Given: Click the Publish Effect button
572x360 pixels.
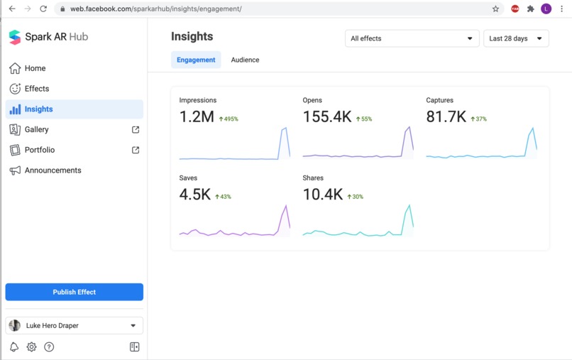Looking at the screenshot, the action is pos(74,292).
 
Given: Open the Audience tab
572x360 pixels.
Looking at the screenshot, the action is pos(245,60).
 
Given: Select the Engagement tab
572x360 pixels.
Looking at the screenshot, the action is pos(196,60).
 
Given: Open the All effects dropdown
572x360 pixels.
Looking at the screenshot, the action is pos(412,38).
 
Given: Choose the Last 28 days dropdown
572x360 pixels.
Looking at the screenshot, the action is pos(516,38).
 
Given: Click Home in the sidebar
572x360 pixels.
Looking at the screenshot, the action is pos(35,68).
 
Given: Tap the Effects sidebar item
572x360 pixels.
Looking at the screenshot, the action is pos(36,89).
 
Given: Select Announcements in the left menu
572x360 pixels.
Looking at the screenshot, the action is pos(53,170).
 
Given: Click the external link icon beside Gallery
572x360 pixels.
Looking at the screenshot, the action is pos(136,130).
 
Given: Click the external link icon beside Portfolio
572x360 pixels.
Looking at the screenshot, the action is pos(136,150).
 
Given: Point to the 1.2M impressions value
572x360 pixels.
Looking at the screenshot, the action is pos(197,117).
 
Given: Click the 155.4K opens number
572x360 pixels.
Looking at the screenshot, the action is pos(327,117).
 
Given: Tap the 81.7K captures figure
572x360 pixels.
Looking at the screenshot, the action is pos(446,117).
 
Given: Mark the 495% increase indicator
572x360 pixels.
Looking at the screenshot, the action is pos(229,119).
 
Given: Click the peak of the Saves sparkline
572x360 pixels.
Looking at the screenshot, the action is pos(286,205).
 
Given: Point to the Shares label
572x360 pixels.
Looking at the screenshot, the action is pos(313,178).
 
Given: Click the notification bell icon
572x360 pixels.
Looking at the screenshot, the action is pos(14,347).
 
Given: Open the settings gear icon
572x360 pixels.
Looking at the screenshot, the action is pos(32,347).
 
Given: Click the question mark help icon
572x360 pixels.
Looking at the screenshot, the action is pos(49,347).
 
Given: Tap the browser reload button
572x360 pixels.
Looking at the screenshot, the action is pos(43,9).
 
